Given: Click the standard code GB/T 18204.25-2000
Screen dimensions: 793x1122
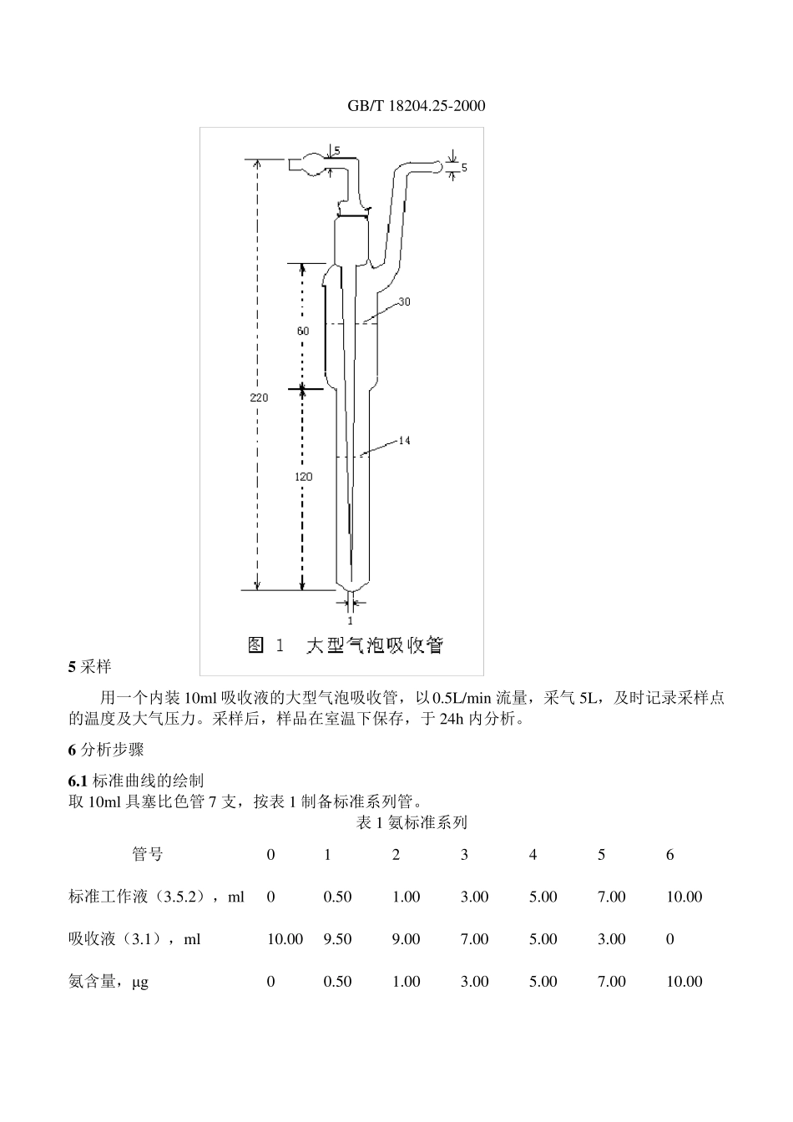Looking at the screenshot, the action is click(416, 106).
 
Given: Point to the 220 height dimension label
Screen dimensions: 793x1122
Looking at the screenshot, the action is click(259, 397).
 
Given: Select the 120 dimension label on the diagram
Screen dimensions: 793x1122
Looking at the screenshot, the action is click(304, 476).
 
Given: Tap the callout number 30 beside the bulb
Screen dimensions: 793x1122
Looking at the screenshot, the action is click(403, 301).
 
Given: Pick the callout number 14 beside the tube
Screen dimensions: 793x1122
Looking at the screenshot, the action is click(403, 440).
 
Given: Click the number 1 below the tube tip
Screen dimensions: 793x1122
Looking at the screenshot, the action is click(350, 620).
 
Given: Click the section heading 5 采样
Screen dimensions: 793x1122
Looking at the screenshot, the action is click(89, 667).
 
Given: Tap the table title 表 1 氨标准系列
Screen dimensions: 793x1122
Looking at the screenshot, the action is click(412, 822).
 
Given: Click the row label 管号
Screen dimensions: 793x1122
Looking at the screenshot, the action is click(148, 854).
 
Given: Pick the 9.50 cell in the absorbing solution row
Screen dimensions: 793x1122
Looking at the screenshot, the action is click(337, 939).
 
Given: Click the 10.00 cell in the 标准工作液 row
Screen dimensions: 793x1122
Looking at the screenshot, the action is click(684, 897).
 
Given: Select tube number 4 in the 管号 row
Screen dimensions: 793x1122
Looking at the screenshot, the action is click(533, 854).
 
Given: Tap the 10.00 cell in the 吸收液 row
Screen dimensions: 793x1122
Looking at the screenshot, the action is click(285, 939).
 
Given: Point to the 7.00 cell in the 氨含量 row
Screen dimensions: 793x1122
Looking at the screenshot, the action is click(611, 982).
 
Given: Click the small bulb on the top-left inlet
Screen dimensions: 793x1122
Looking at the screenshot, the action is click(313, 164).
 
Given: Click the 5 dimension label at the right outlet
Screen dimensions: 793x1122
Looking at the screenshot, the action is click(464, 168).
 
